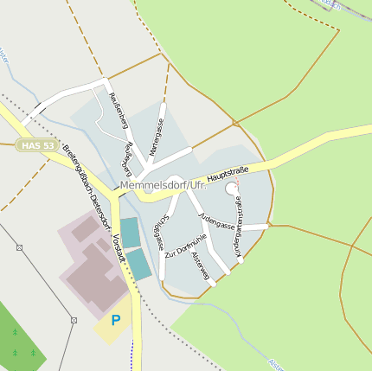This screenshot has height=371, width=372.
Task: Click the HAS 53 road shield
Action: click(x=35, y=145)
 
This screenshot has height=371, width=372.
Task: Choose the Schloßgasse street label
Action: click(x=160, y=229)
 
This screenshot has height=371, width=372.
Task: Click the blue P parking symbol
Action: click(x=115, y=321)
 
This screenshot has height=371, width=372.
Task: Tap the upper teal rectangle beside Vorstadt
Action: click(x=130, y=232)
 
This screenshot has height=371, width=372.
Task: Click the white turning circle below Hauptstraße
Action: click(x=231, y=189)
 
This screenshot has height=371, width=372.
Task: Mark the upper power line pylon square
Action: click(x=19, y=247)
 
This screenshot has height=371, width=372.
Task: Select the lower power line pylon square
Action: click(x=74, y=319)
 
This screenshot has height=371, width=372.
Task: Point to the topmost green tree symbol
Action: click(x=15, y=332)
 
